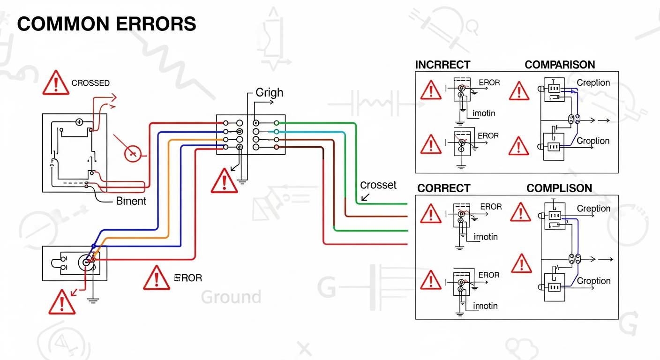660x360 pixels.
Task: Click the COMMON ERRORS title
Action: tap(106, 24)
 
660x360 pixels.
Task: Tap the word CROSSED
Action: tap(90, 83)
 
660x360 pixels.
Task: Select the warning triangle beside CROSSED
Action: tap(56, 84)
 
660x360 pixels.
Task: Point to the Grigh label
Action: tap(269, 92)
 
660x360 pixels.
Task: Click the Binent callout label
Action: tap(131, 201)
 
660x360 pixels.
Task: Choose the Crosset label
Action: tap(378, 185)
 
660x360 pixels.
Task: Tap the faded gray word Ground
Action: tap(231, 297)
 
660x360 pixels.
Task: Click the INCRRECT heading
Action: tap(442, 65)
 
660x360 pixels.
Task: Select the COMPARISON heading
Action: tap(560, 65)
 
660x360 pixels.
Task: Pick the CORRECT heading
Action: tap(443, 188)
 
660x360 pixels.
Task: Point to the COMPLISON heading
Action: tap(559, 188)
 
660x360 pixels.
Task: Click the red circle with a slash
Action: tap(132, 153)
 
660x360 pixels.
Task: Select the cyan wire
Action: tap(328, 132)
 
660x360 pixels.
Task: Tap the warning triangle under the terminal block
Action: tap(224, 181)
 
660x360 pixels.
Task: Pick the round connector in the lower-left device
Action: tap(87, 262)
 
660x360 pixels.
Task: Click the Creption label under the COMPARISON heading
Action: tap(593, 82)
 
